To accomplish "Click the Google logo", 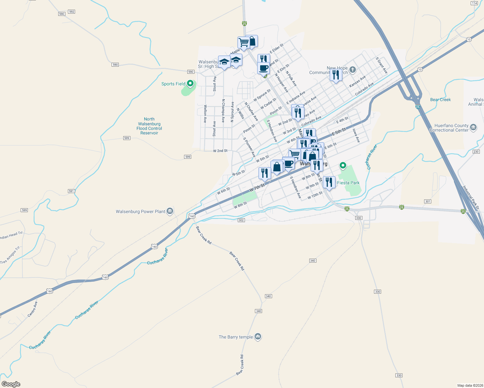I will pos(11,384).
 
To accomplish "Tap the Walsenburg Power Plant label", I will pos(141,211).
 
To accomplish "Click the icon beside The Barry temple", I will pos(258,337).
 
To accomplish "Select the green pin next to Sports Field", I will pos(190,83).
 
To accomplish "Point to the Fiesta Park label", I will pos(348,183).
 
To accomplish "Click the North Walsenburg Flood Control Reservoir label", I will pos(149,126).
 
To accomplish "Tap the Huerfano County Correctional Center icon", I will pos(473,127).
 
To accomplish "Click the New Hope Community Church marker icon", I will pos(353,70).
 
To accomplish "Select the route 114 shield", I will pos(474,3).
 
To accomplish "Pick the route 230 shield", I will pos(476,152).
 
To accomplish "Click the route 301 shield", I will pos(428,201).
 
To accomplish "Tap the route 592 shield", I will pos(72,12).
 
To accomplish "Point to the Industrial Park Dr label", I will pos(470,197).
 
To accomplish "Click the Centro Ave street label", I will pos(32,309).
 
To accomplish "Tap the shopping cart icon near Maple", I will pos(244,42).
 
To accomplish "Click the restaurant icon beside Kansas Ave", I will pos(336,75).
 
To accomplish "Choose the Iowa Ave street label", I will pos(356,135).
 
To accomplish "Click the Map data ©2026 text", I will pos(470,385).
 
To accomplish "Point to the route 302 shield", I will pos(241,220).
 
